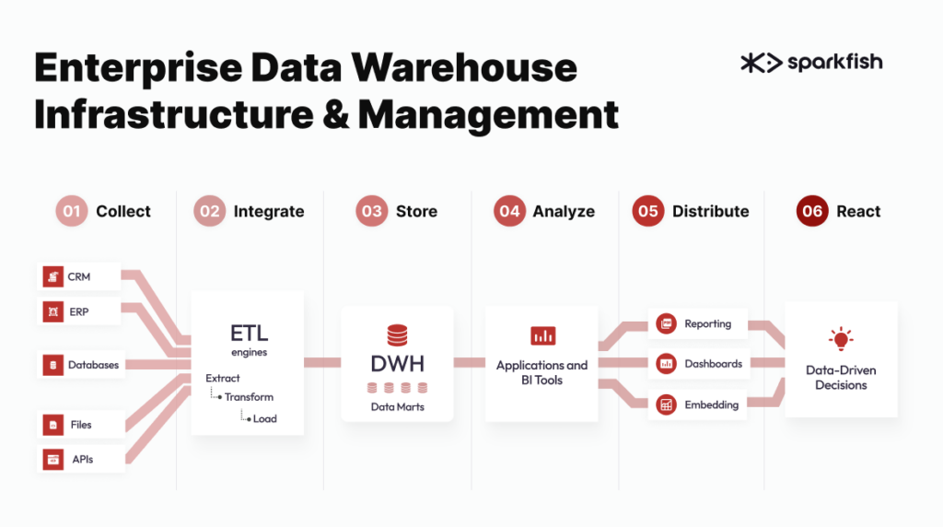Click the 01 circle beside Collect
(72, 211)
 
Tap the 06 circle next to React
(812, 211)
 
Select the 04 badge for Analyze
(509, 211)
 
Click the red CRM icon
(52, 276)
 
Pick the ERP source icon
(52, 311)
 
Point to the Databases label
(93, 365)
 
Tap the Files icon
(52, 425)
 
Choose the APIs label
(82, 459)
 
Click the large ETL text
(249, 333)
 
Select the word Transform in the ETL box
(249, 397)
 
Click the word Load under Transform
(264, 418)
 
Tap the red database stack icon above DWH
(397, 335)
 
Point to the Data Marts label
(398, 406)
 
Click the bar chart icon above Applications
(543, 335)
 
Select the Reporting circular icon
(667, 323)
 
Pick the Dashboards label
(714, 364)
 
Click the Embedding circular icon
(667, 404)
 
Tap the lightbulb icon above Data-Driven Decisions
(841, 339)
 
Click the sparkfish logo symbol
(761, 63)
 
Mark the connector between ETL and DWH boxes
(322, 362)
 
